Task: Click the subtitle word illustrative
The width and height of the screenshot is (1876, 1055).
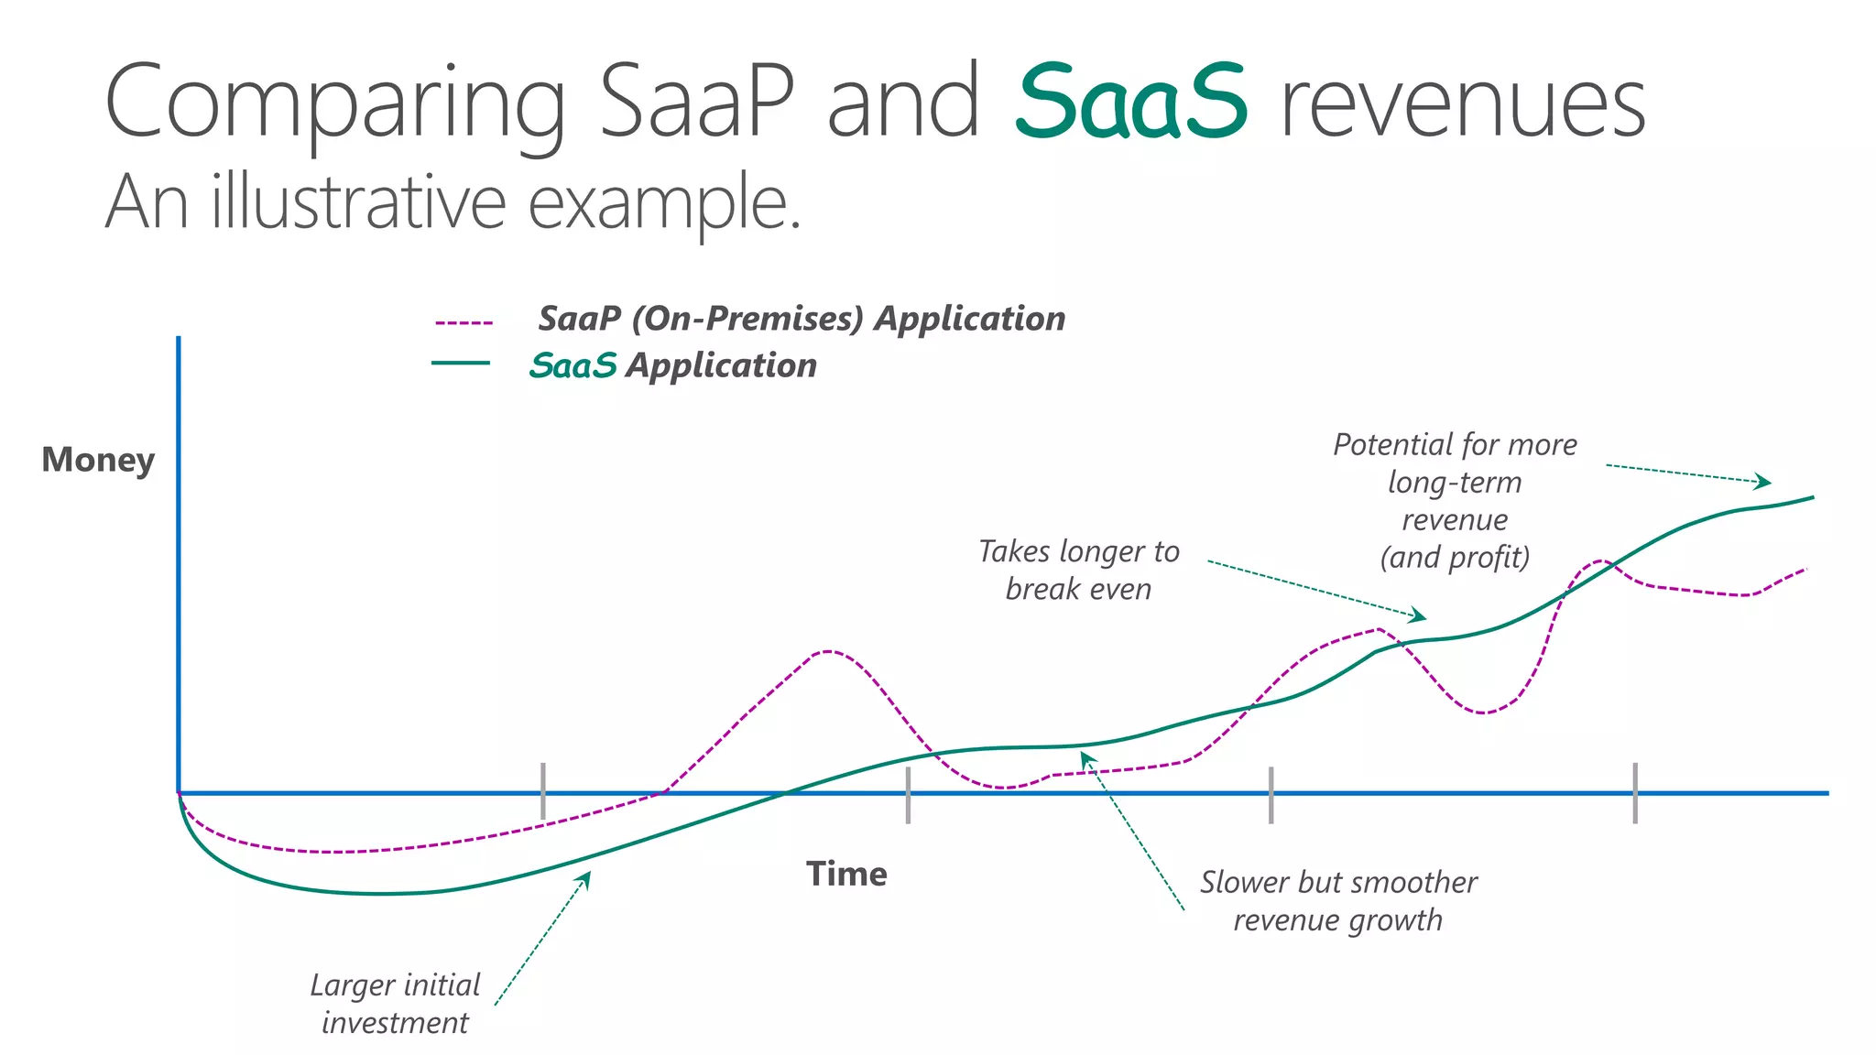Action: coord(357,203)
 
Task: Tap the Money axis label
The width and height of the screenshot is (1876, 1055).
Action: coord(98,460)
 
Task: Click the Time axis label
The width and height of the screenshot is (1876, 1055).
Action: coord(846,874)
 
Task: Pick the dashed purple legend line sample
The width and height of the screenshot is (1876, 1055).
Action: coord(464,323)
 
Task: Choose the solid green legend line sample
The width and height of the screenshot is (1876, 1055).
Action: coord(461,364)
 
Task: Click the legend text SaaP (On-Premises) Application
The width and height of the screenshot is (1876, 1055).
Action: coord(801,319)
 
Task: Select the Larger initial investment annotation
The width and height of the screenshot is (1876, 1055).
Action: coord(395,1004)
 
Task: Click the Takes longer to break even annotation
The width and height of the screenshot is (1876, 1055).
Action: coord(1078,570)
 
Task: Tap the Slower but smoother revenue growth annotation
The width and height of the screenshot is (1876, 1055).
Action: coord(1337,901)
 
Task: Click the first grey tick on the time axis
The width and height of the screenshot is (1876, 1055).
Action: coord(543,791)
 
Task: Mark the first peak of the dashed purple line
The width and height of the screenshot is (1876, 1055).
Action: coord(827,652)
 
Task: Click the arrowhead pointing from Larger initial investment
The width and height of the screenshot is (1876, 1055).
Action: coord(586,876)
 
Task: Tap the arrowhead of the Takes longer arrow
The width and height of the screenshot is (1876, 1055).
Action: coord(1421,616)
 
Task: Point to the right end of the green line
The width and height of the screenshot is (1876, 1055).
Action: coord(1812,498)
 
